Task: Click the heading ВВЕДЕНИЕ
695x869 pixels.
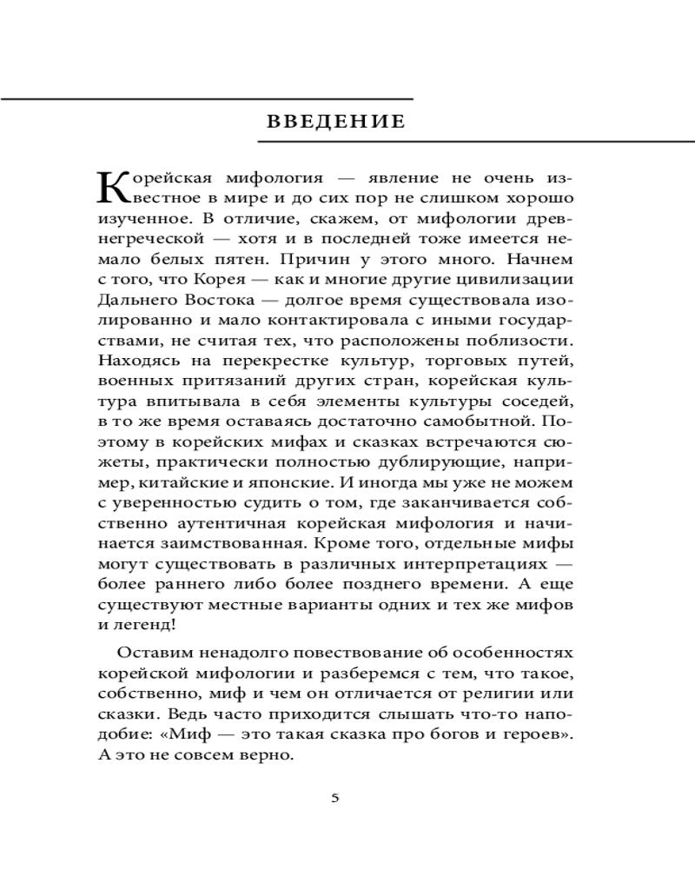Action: coord(334,121)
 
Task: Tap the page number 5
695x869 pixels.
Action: coord(335,799)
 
